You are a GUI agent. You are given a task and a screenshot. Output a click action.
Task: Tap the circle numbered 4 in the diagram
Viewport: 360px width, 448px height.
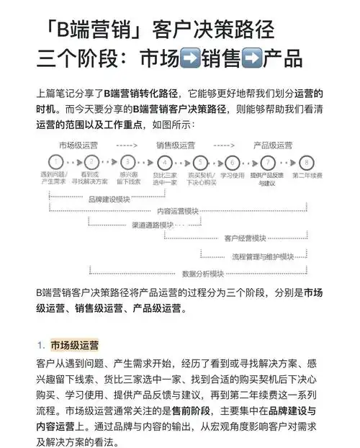[165, 162]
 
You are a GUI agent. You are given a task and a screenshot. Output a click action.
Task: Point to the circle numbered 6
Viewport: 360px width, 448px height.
[232, 162]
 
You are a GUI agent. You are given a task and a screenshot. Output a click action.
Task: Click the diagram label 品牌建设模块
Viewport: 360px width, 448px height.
[109, 200]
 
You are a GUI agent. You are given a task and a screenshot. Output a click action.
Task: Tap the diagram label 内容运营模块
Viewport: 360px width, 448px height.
[178, 212]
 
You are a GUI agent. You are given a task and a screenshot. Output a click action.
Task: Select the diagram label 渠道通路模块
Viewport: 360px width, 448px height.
[152, 225]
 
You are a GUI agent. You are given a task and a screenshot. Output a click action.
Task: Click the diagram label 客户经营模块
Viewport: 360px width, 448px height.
[246, 238]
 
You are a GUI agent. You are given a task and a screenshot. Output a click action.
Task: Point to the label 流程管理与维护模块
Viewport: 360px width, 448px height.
[262, 256]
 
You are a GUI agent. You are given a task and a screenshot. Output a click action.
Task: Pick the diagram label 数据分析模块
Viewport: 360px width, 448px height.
[203, 274]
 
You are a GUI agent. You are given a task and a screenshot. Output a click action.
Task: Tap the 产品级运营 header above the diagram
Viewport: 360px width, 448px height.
[272, 145]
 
